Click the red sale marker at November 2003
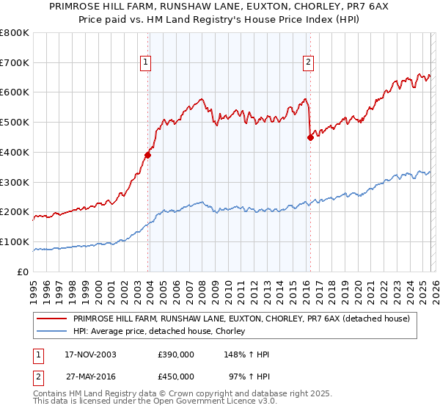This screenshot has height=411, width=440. coord(148,155)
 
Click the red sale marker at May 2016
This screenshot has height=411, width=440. coord(310,137)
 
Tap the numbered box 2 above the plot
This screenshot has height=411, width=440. coord(309,63)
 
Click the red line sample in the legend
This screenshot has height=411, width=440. coord(53,319)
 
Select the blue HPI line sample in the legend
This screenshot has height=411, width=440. coord(53,332)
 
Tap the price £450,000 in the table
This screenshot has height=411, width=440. coord(176,376)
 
